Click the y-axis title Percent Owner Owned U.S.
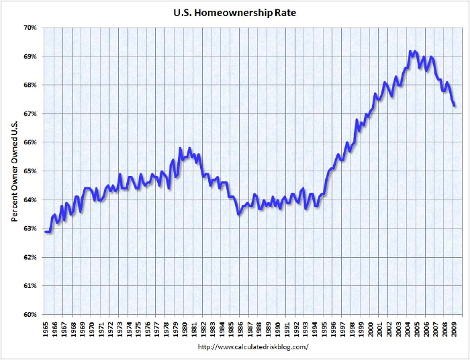[x=14, y=171]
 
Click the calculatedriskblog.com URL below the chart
[x=253, y=347]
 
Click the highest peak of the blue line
[x=410, y=51]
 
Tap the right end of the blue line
[x=455, y=105]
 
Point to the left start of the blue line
[x=45, y=232]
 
